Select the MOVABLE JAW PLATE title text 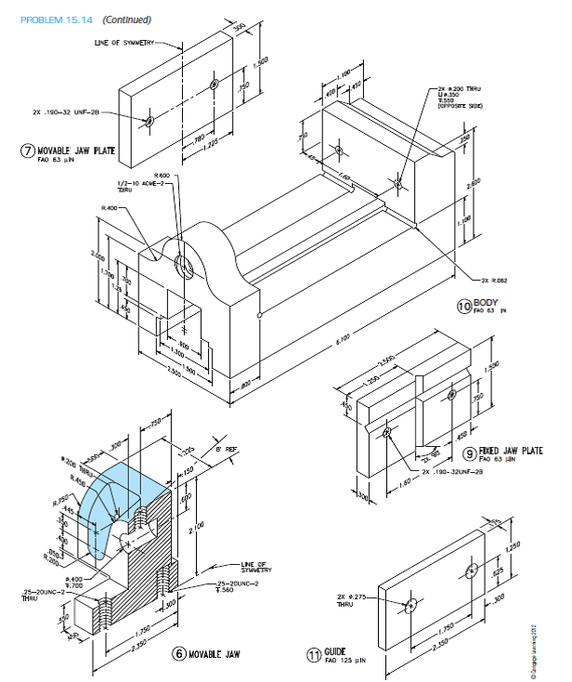coord(71,151)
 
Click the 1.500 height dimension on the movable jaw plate coord(263,61)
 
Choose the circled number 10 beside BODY coord(463,306)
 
